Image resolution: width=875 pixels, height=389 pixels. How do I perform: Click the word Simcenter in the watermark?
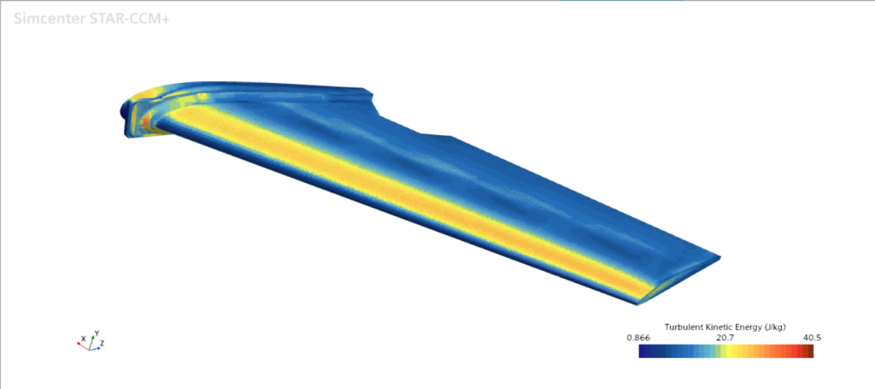click(50, 19)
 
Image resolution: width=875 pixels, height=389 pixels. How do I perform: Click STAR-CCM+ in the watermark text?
click(131, 19)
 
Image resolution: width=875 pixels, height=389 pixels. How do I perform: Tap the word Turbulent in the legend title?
click(682, 327)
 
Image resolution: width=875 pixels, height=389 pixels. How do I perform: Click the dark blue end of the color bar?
click(643, 351)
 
